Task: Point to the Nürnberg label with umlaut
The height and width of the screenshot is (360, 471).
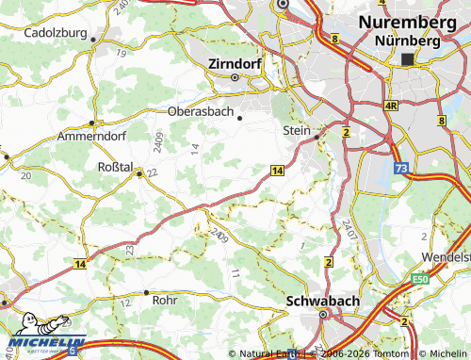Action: (x=407, y=41)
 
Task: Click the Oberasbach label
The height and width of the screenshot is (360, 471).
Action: (x=199, y=110)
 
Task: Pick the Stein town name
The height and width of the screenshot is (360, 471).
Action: (x=297, y=132)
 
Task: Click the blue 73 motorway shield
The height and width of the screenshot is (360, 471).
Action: (x=401, y=167)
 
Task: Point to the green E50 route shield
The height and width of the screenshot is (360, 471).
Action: (x=419, y=279)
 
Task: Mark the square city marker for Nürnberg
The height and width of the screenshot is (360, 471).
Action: (x=407, y=58)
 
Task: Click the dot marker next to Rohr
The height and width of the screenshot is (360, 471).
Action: (x=147, y=293)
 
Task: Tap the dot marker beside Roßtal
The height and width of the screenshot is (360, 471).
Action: (x=139, y=173)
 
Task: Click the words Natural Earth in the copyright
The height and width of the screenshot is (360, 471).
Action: (x=268, y=353)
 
